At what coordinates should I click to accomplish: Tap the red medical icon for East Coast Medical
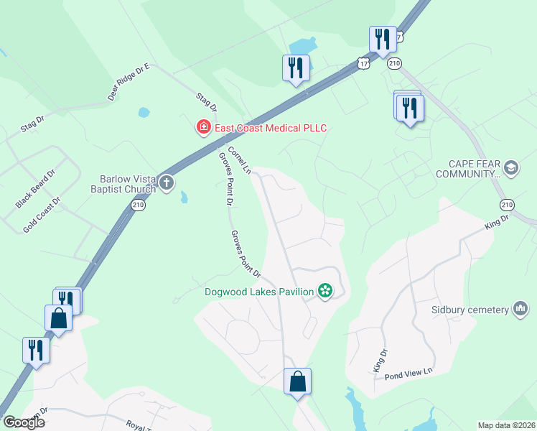(204, 128)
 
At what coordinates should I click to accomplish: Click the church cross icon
(167, 182)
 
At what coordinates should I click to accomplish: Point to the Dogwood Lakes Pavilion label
(259, 291)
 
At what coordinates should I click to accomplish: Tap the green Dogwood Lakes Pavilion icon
(325, 291)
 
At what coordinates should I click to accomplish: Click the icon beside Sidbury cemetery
(521, 310)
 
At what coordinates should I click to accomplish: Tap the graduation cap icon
(511, 168)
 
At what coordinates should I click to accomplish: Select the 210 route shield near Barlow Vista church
(137, 205)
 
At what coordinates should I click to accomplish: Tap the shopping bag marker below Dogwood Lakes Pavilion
(297, 382)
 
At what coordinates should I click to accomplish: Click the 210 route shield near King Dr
(508, 205)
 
